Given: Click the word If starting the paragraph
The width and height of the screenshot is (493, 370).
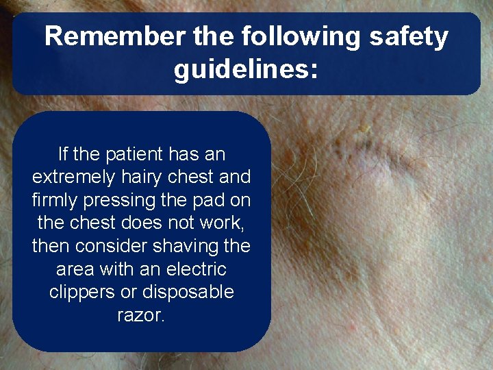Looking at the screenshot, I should coord(64,153).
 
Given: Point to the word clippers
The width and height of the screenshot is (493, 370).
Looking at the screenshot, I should coord(81,293).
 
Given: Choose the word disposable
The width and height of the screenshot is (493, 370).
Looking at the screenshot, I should coord(186,293).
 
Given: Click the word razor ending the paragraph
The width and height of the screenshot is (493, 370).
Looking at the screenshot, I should coord(141,316).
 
